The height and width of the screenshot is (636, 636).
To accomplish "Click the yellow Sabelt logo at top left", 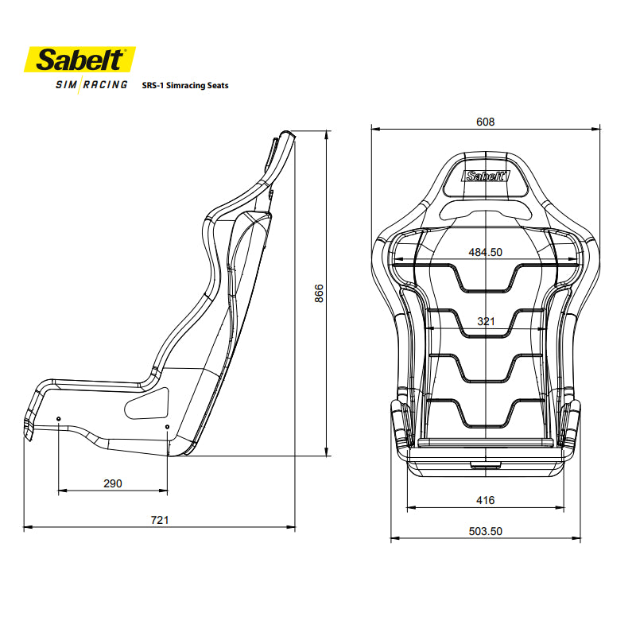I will (80, 60).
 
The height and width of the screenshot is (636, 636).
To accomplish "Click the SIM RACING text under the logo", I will (91, 85).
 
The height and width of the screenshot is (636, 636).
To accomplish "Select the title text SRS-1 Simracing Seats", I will (184, 85).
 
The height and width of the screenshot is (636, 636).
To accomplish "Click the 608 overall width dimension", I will (485, 122).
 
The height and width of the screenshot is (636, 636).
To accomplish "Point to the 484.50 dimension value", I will (485, 252).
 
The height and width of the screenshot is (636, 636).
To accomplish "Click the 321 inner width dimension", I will (486, 322).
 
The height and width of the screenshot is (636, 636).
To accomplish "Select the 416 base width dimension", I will (485, 500).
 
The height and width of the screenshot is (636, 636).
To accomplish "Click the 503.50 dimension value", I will (485, 532).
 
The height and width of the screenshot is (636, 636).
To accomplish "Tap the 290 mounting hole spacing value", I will (113, 483).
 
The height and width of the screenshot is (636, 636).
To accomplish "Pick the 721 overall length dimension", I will (160, 520).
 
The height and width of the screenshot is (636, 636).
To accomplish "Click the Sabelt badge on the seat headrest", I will (485, 177).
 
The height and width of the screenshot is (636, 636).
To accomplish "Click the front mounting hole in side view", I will (60, 419).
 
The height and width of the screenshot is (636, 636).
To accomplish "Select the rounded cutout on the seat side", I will (147, 403).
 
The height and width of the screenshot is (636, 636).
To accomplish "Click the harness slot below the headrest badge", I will (485, 209).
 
